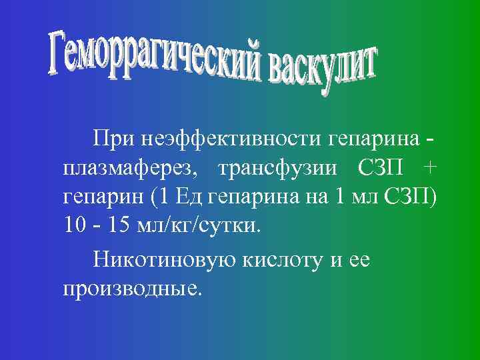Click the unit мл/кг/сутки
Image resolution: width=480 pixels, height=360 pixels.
point(199,227)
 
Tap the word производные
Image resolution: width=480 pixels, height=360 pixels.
point(131,289)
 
